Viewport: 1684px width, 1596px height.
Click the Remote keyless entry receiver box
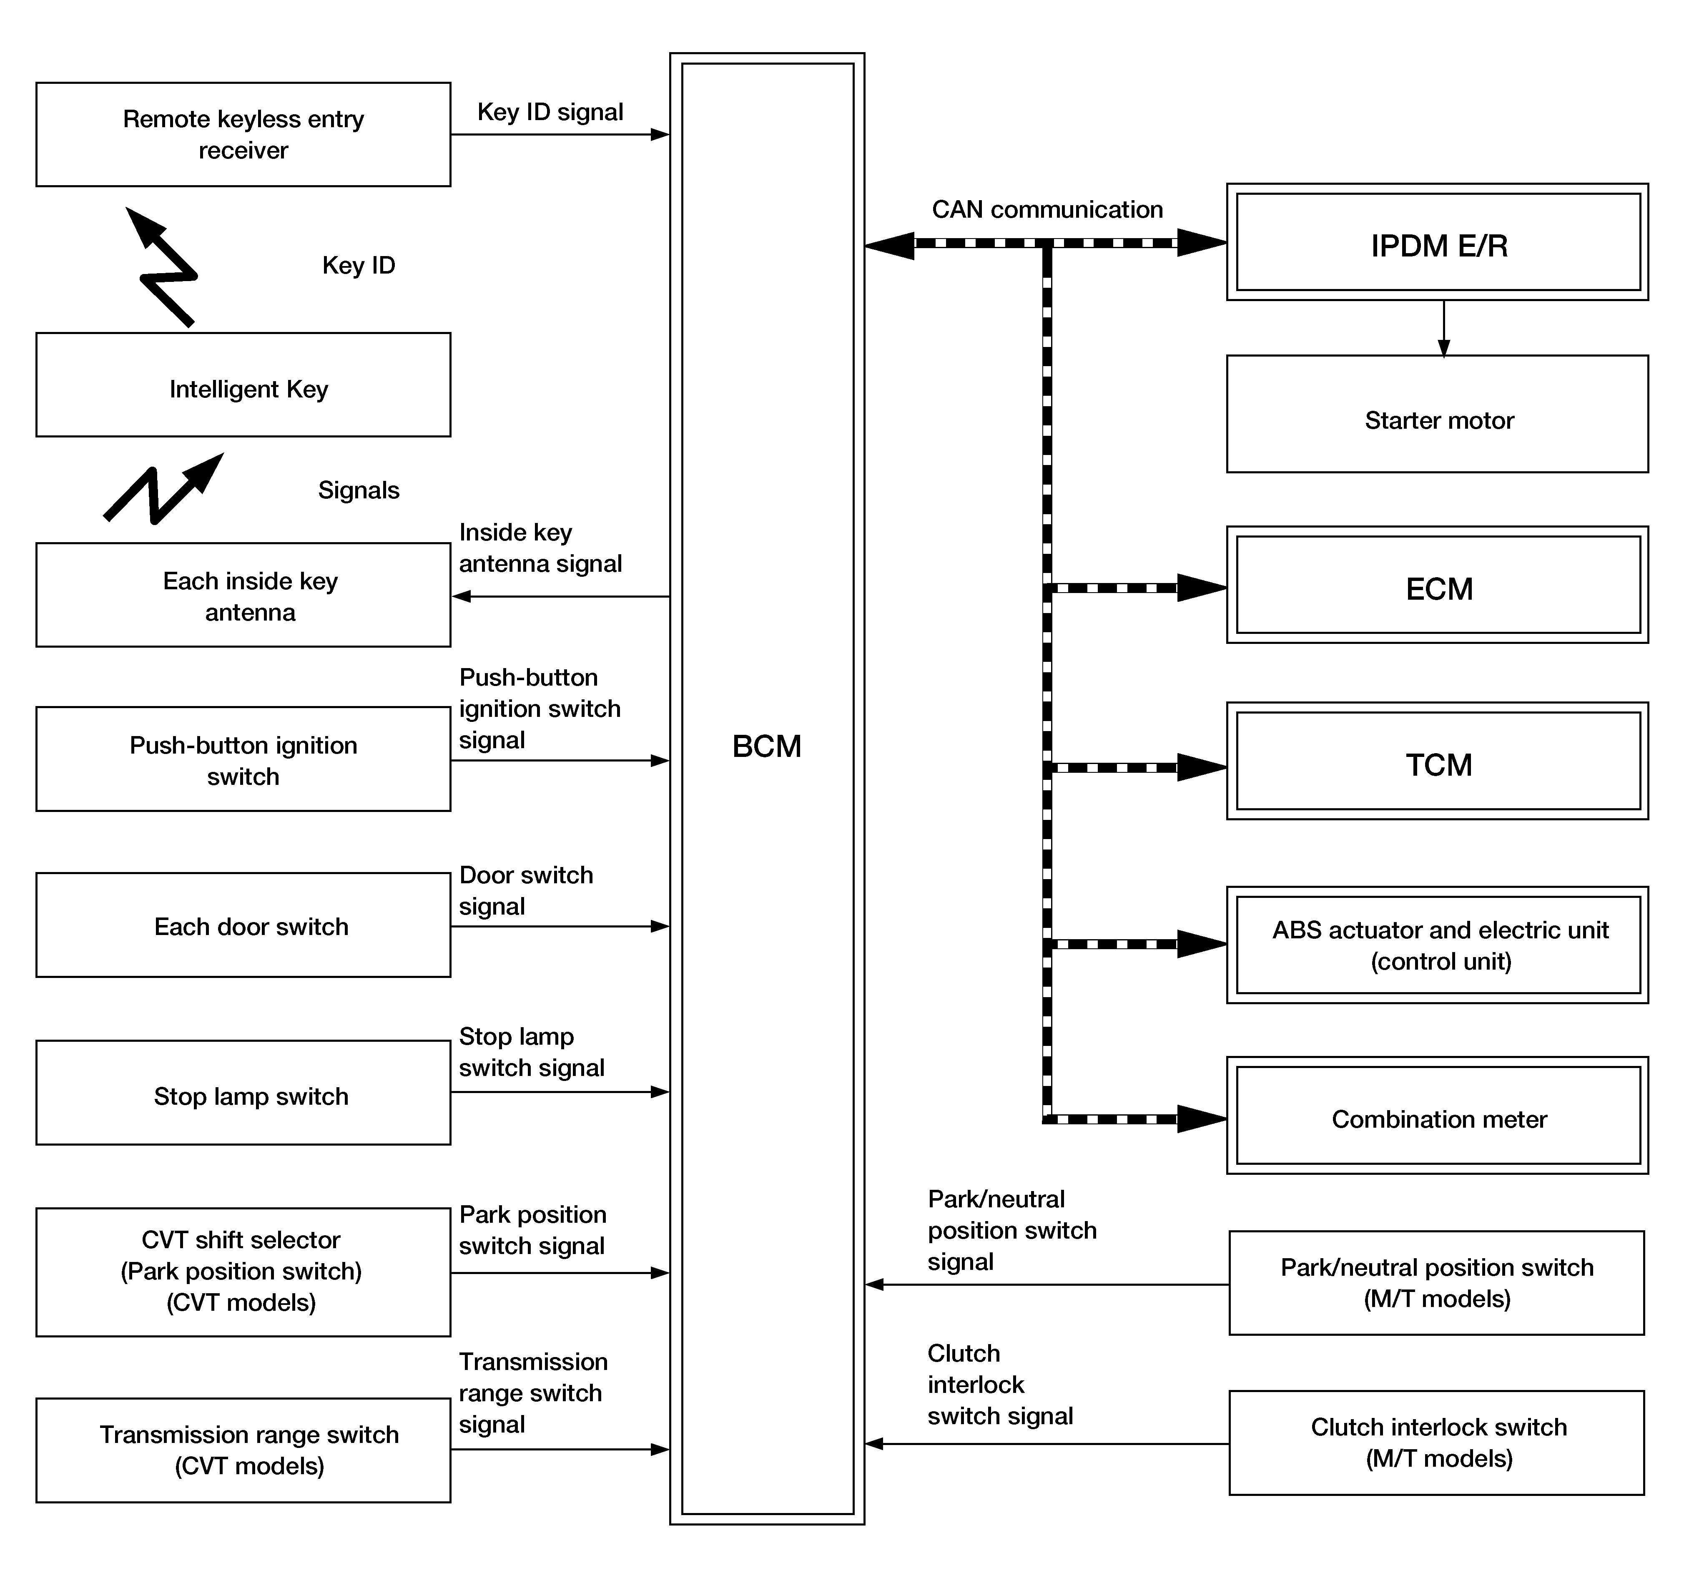point(243,134)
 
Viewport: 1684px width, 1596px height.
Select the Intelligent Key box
point(243,385)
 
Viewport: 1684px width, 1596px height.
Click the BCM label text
point(766,746)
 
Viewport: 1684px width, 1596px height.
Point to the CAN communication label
point(1047,209)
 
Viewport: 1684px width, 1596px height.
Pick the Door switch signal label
point(526,890)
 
